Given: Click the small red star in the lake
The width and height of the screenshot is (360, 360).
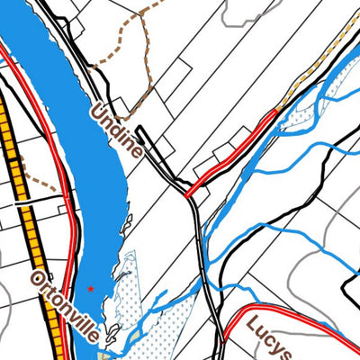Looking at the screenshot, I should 90,289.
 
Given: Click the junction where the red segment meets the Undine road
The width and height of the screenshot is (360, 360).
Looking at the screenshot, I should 185,194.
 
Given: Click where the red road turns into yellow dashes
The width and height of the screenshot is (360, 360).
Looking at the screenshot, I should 277,109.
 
